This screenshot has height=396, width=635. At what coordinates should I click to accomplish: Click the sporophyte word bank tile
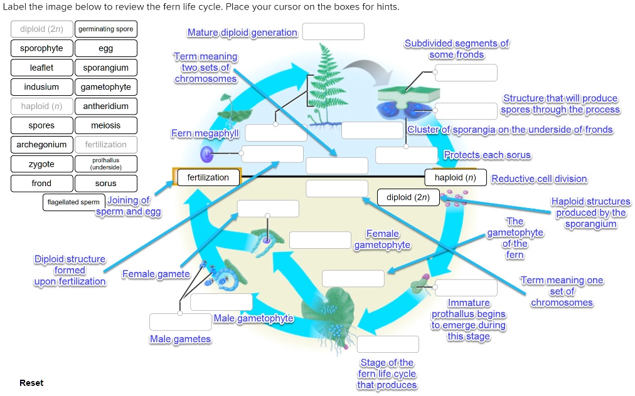tap(41, 48)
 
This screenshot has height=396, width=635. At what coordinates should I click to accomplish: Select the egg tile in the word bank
tap(105, 48)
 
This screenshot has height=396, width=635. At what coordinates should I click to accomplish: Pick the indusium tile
tap(41, 87)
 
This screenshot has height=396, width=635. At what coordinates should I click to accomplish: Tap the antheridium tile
tap(105, 107)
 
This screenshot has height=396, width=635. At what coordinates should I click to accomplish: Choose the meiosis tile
tap(105, 125)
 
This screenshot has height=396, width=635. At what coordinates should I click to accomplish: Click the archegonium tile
tap(41, 145)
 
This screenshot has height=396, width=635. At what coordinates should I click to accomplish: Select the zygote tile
tap(41, 164)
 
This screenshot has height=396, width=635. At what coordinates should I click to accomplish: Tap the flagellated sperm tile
tap(73, 202)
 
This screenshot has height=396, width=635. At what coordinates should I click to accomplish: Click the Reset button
tap(31, 383)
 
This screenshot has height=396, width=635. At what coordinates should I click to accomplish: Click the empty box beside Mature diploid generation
tap(333, 32)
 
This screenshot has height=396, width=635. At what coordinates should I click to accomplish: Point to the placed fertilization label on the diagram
tap(208, 178)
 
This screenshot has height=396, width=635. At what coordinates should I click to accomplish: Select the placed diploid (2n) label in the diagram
tap(408, 197)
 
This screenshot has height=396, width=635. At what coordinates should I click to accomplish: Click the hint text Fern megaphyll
tap(205, 134)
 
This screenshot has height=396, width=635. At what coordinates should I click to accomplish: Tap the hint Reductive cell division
tap(539, 179)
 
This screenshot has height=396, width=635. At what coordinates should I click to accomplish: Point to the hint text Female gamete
tap(156, 274)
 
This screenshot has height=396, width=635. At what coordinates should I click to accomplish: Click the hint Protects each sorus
tap(487, 155)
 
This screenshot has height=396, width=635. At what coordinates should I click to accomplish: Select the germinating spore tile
tap(105, 29)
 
